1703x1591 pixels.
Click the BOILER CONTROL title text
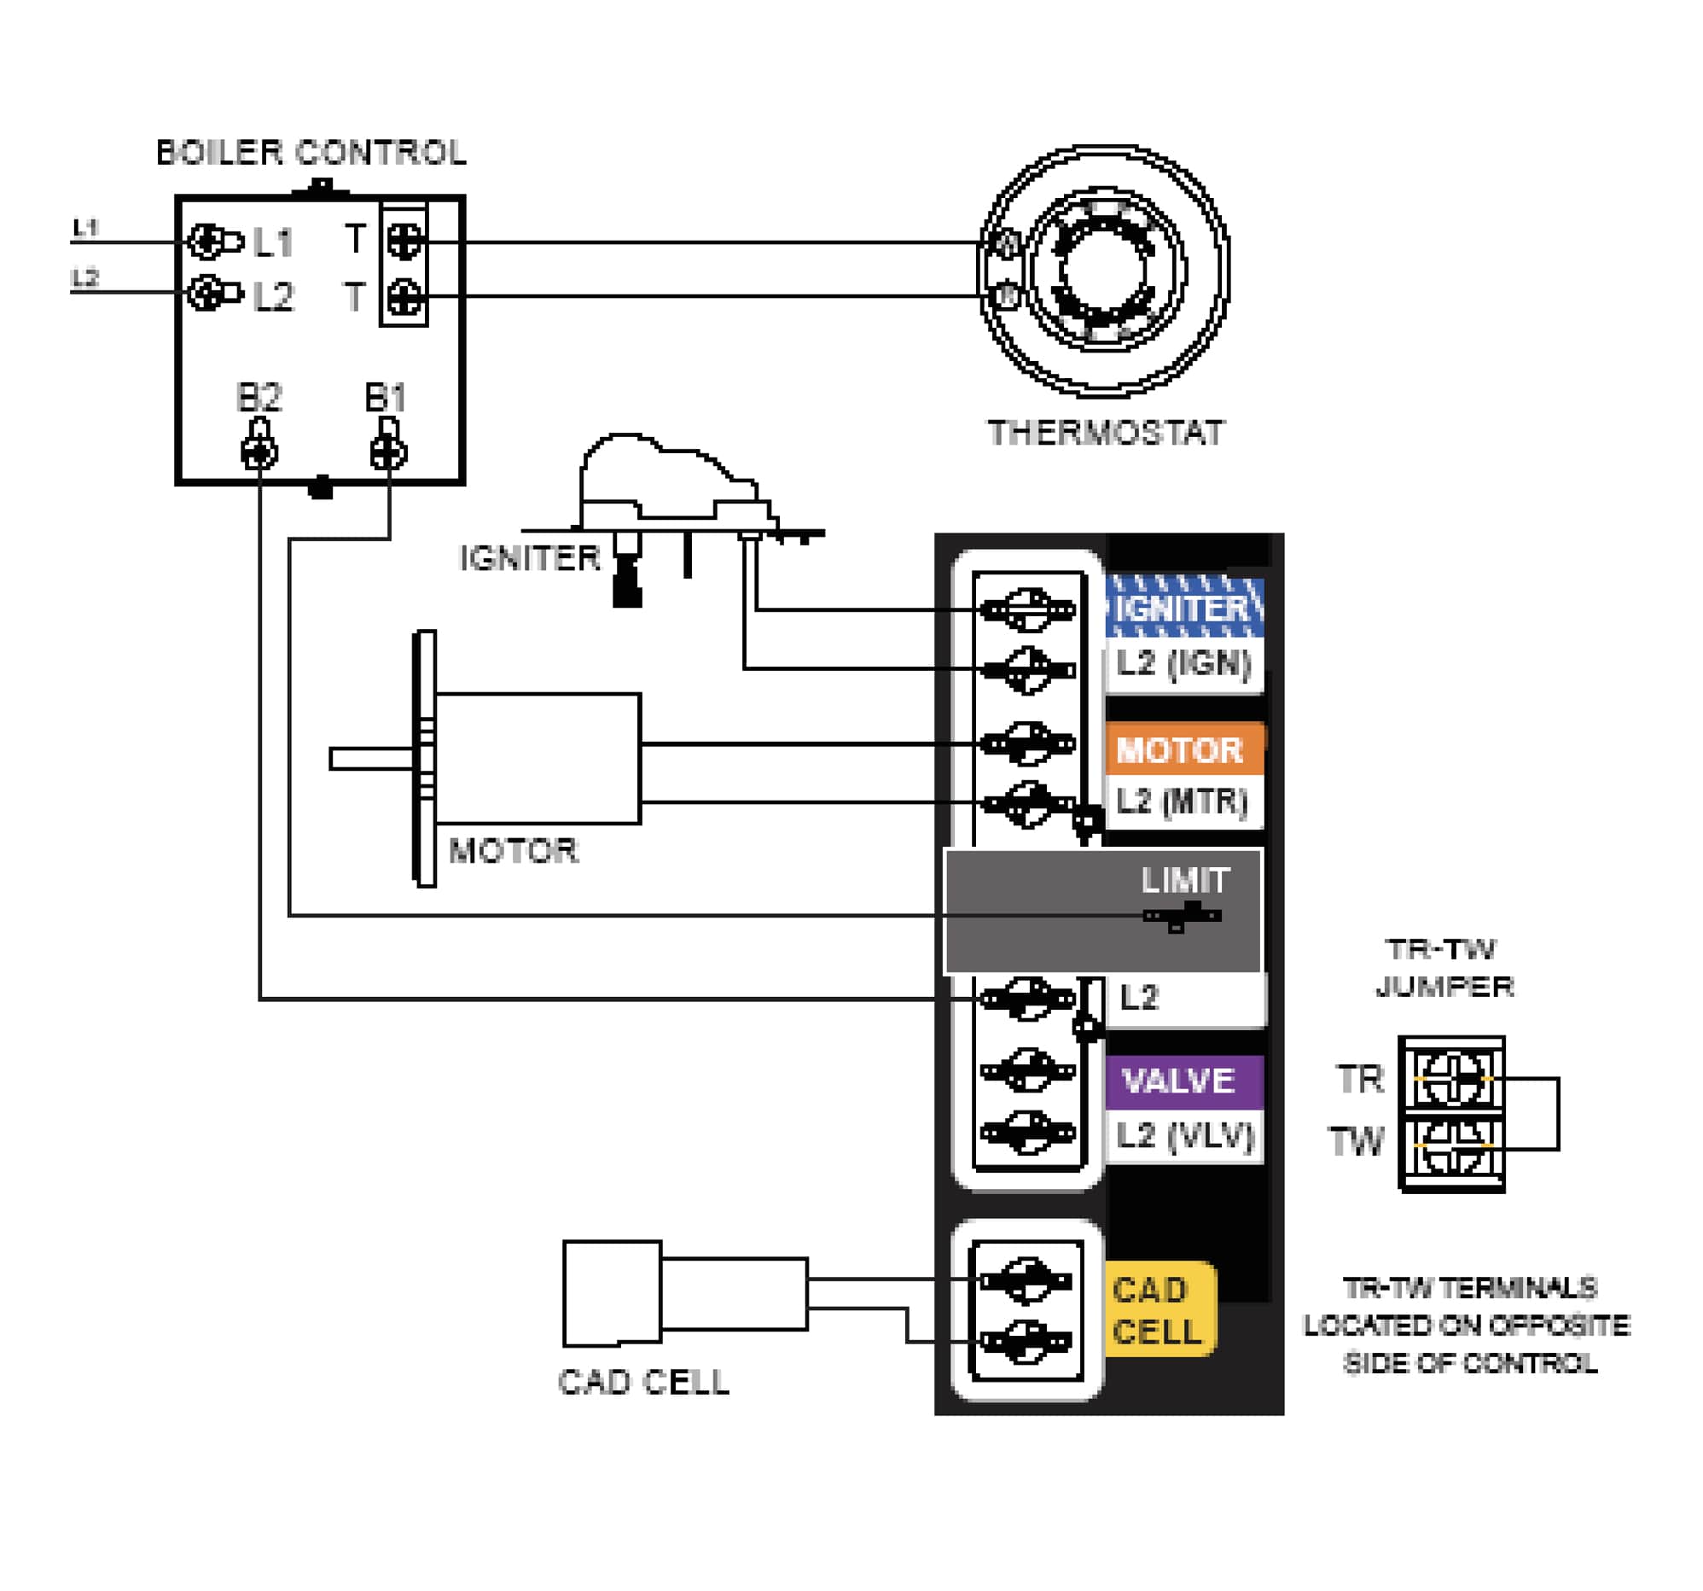pos(311,153)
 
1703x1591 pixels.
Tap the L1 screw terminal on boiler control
pos(206,242)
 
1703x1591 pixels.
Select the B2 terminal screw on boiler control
pos(259,452)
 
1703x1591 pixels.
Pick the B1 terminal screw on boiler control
pos(388,452)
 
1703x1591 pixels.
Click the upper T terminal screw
pos(404,241)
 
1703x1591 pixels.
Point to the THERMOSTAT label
pos(1106,433)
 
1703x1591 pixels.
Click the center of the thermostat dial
pos(1103,271)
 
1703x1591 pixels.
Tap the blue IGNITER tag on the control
pos(1184,609)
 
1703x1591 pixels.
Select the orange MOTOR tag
pos(1180,750)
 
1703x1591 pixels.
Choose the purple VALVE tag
pos(1179,1081)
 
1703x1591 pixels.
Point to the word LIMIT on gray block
pos(1185,880)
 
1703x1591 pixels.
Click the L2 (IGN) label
pos(1183,663)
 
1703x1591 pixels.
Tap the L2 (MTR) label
pos(1182,801)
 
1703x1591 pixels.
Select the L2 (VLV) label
pos(1185,1135)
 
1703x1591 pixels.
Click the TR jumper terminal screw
pos(1453,1078)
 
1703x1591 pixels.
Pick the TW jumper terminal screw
pos(1453,1145)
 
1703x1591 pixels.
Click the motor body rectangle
pos(538,758)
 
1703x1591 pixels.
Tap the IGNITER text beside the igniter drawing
pos(530,558)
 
